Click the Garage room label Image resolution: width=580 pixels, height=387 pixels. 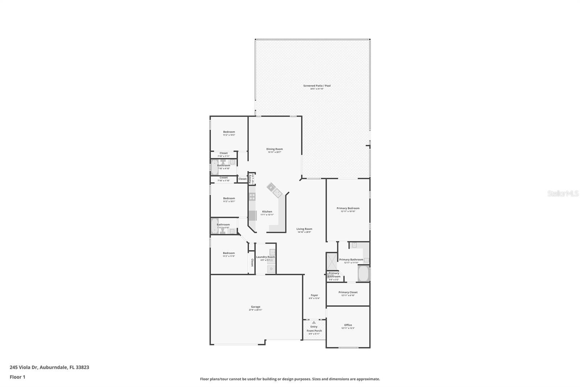point(256,307)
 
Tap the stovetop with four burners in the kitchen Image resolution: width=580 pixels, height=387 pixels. point(252,197)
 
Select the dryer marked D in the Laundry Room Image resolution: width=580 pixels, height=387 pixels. point(271,269)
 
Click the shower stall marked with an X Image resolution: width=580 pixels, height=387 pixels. point(331,261)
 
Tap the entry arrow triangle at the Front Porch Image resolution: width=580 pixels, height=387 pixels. point(314,322)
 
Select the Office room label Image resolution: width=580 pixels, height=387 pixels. point(348,325)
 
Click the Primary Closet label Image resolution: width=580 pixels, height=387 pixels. point(348,292)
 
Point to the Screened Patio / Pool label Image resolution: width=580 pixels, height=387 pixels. point(317,86)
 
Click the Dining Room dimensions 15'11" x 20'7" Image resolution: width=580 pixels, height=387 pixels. point(274,152)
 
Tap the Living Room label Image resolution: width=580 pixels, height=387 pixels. point(304,229)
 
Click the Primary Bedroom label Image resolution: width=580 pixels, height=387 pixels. point(348,208)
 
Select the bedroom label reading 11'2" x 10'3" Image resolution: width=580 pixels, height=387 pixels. point(229,135)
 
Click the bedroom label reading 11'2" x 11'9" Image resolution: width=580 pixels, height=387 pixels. point(229,256)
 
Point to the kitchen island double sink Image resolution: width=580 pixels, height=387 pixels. point(274,190)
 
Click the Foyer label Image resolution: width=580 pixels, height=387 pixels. point(314,295)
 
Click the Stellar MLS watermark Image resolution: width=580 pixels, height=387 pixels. point(563,193)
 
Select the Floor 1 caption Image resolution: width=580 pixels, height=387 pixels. point(17,377)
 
